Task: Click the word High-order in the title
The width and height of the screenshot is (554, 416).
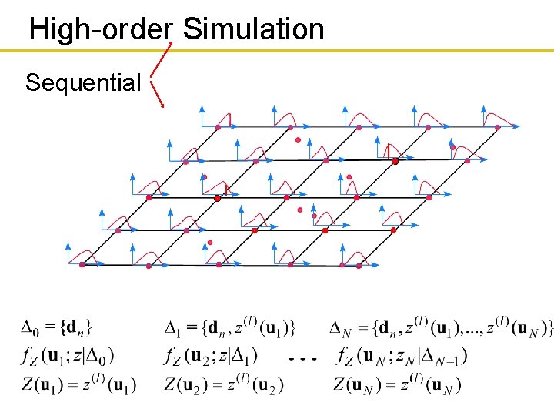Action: pos(100,29)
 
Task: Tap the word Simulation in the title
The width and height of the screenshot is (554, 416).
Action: pos(254,29)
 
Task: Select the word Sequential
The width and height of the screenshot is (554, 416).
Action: pos(83,82)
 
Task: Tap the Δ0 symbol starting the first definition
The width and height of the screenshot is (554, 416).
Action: pos(28,328)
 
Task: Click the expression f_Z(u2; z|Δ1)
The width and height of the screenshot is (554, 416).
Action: pos(212,356)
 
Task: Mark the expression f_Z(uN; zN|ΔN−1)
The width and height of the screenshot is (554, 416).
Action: pos(402,356)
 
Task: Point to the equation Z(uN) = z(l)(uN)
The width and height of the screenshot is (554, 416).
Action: pos(398,384)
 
